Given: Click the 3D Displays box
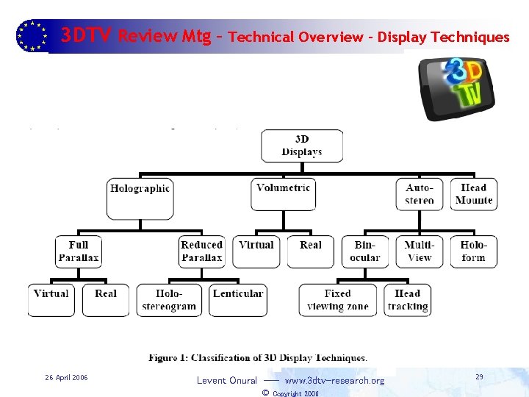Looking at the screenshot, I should click(x=302, y=146).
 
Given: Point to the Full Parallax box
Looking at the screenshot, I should click(x=79, y=251).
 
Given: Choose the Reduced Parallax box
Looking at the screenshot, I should click(x=202, y=251).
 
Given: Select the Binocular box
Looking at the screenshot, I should click(x=365, y=251).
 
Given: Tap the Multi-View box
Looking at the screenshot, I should click(x=420, y=251).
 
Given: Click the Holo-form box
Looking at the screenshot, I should click(x=474, y=251).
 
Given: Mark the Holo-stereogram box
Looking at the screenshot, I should click(x=169, y=300).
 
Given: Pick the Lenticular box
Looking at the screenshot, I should click(x=237, y=300).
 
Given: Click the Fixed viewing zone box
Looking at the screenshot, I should click(x=337, y=300).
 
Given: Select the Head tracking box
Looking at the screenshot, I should click(x=408, y=300).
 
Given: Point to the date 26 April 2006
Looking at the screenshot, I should click(x=66, y=378).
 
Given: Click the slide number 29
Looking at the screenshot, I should click(x=479, y=377).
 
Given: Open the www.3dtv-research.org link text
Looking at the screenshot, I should click(x=334, y=381).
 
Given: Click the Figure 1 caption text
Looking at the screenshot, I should click(x=258, y=359).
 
